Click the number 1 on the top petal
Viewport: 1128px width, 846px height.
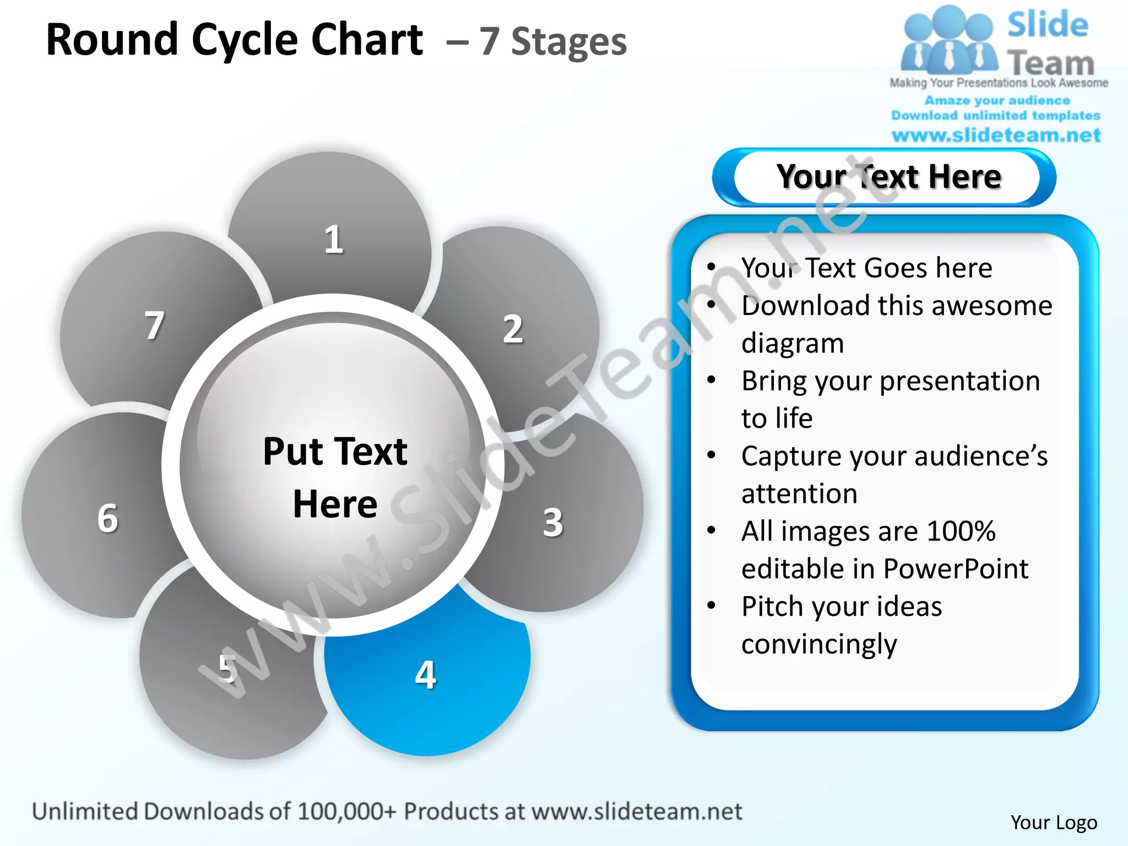334,240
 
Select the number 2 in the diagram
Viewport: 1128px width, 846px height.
513,329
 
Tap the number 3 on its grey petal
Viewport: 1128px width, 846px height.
553,522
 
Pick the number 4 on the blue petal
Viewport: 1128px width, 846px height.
425,675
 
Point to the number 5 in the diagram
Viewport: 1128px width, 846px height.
227,669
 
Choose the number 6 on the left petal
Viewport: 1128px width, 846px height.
107,518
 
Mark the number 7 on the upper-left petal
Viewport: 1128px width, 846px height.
154,325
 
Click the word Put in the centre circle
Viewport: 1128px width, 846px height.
293,452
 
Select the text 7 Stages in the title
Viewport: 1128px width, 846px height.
552,42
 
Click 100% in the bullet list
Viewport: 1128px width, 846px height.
961,532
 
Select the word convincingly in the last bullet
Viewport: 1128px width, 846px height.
819,644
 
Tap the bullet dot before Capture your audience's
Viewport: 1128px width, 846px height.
712,455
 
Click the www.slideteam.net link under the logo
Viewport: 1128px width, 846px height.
996,135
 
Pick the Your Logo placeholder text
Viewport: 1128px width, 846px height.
1053,822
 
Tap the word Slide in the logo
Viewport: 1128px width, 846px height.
1048,25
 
